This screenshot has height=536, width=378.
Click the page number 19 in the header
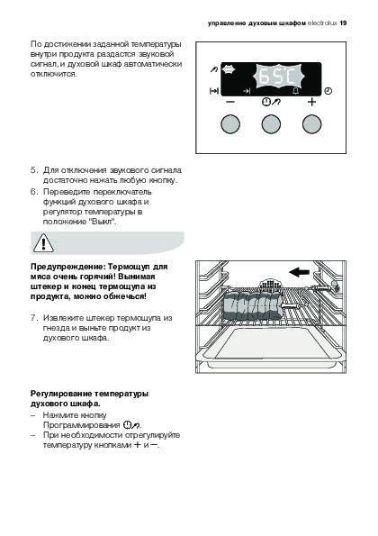click(x=343, y=23)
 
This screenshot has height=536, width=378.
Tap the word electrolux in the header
click(x=322, y=23)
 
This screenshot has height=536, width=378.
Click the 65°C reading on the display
click(x=277, y=77)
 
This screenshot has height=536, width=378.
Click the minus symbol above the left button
click(x=230, y=102)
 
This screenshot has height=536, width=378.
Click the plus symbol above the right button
click(x=311, y=102)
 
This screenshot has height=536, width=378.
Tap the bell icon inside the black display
click(x=296, y=91)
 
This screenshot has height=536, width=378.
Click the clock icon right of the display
click(x=328, y=91)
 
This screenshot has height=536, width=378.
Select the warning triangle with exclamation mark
click(x=43, y=243)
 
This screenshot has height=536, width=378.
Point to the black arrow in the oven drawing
click(x=299, y=272)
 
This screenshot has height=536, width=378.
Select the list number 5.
click(x=33, y=170)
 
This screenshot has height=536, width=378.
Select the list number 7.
click(x=33, y=318)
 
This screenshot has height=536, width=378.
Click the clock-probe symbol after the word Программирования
click(x=131, y=425)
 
